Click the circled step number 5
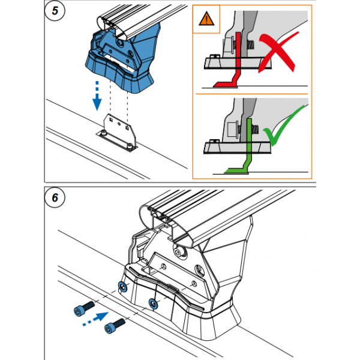55,11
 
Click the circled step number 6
55,197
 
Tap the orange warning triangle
206,19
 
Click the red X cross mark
278,52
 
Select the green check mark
284,126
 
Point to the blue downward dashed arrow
97,96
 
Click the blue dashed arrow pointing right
95,319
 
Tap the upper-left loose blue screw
84,308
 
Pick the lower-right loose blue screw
115,326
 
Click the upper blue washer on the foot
122,287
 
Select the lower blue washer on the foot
153,304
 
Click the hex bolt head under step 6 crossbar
179,252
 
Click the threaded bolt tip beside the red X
250,45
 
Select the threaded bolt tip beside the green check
254,129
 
